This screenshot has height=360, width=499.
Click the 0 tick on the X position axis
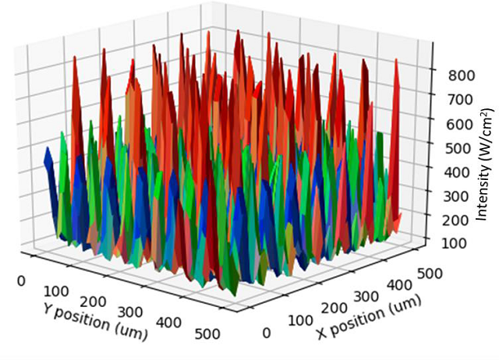267,333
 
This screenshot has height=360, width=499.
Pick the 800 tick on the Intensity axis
461,75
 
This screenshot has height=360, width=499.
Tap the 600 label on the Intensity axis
461,123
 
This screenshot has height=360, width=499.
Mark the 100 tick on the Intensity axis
459,242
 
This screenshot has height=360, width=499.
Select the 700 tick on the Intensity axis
461,99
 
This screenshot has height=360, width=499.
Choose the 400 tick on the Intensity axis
460,171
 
